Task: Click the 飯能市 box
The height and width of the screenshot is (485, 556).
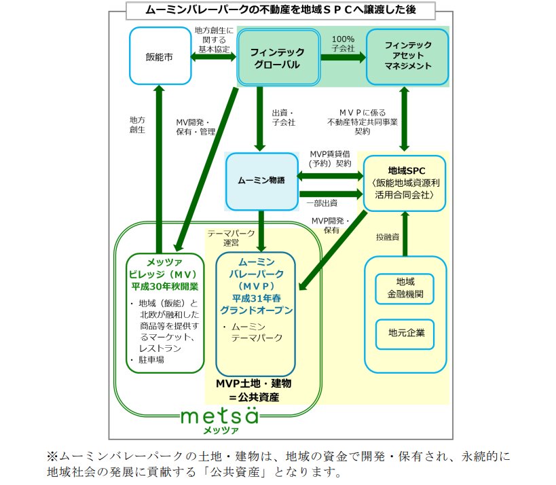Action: (159, 56)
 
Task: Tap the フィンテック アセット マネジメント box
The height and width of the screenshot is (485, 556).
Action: (407, 56)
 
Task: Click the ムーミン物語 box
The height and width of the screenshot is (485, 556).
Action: (261, 180)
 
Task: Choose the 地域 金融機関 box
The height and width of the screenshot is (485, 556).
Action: (406, 288)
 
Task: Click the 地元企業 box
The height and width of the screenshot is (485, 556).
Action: (406, 333)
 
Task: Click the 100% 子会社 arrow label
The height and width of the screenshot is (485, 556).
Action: (342, 44)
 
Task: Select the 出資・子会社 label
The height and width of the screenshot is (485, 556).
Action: (283, 118)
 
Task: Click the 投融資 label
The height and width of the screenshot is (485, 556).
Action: (386, 237)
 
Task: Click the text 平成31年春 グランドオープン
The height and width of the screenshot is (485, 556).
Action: (256, 306)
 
